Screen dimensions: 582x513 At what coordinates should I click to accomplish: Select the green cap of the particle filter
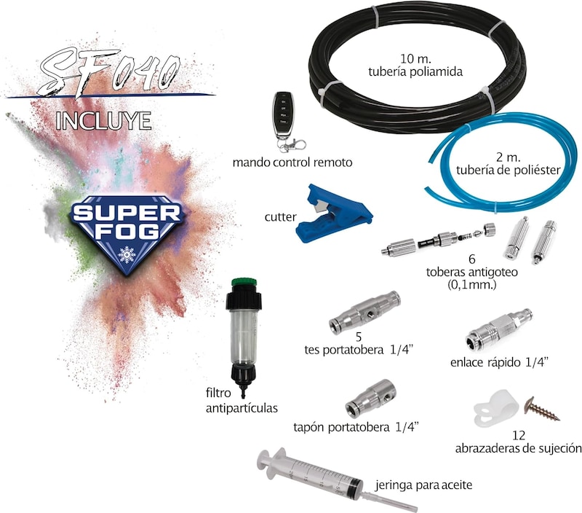point(244,282)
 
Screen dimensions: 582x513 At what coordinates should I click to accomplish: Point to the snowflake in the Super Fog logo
point(127,254)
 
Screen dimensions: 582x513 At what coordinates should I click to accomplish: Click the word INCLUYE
point(103,121)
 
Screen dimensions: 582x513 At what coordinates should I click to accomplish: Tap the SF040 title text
point(110,73)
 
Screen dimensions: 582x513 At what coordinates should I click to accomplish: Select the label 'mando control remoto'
point(292,162)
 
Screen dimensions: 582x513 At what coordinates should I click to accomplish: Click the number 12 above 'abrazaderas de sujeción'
point(519,435)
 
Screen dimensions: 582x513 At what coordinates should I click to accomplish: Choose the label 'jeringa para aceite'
point(423,485)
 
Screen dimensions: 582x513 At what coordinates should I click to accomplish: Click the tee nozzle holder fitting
point(364,313)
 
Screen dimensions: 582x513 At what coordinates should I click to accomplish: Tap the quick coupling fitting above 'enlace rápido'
point(499,329)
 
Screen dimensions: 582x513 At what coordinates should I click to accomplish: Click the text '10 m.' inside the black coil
point(415,59)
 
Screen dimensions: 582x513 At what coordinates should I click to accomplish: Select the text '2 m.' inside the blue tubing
point(508,157)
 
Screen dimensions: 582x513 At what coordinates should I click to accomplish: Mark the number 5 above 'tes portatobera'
point(359,337)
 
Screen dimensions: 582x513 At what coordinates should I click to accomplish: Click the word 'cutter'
point(281,216)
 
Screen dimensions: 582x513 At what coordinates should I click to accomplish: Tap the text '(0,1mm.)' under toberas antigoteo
point(471,285)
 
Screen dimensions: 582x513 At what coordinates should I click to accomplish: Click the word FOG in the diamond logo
point(127,232)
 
